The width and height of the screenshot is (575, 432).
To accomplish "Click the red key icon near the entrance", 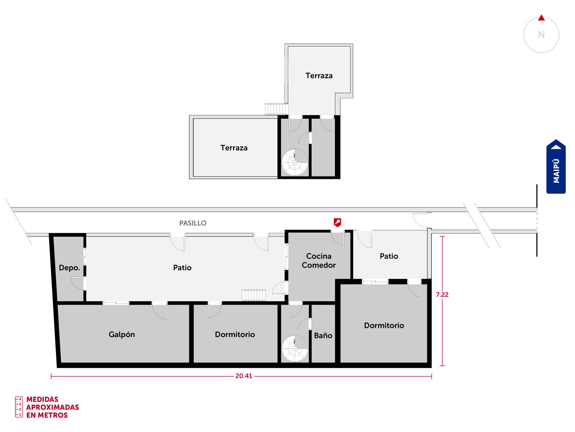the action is click(x=337, y=222).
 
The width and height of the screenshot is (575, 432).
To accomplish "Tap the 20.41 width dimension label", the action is click(x=243, y=376).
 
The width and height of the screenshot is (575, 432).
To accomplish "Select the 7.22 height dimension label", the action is click(x=442, y=294).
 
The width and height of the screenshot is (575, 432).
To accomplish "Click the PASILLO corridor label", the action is click(x=193, y=223).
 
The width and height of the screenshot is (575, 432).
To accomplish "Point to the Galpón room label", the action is click(x=121, y=334).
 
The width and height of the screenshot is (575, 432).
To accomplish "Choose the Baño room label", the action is click(x=323, y=335).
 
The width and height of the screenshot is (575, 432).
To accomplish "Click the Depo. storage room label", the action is click(x=69, y=268).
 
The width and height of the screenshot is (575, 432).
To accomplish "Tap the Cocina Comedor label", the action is click(x=318, y=260).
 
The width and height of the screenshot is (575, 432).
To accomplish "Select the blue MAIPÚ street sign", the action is click(x=556, y=167).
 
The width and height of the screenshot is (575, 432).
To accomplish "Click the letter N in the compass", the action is click(x=541, y=35).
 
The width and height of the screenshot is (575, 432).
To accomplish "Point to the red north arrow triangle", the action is click(x=541, y=18).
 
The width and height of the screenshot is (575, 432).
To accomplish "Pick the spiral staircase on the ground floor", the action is click(x=295, y=348).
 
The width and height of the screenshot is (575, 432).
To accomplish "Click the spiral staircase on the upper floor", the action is click(x=295, y=162).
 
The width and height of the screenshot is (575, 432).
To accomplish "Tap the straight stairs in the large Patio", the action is click(x=253, y=295).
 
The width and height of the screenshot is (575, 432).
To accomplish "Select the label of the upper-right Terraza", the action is click(x=319, y=76).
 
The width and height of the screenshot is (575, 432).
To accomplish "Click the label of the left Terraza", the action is click(x=234, y=148).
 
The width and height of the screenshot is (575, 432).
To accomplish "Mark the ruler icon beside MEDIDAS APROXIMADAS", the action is click(x=19, y=407).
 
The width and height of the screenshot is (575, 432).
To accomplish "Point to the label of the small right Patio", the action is click(x=389, y=256).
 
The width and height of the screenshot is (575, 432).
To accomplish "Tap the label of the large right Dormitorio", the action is click(x=384, y=325).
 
